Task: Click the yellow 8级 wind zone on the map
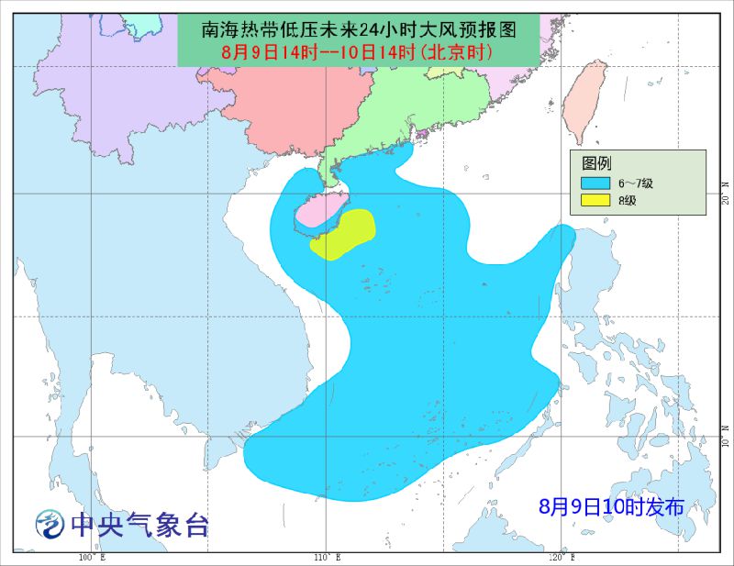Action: (343, 234)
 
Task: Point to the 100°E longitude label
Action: (91, 557)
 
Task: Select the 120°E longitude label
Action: (562, 557)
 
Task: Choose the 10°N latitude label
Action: (725, 439)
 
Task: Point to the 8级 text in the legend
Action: (628, 199)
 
